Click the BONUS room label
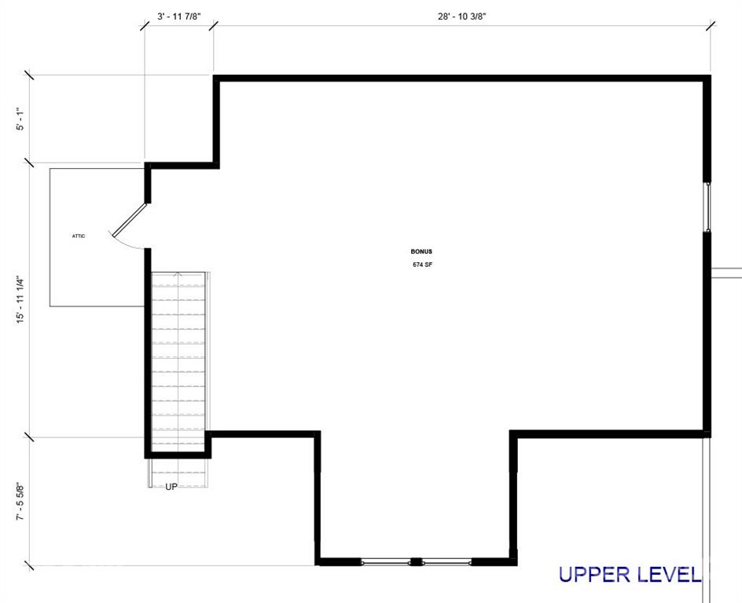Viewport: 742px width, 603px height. pyautogui.click(x=421, y=252)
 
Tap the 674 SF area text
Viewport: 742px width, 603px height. pyautogui.click(x=422, y=265)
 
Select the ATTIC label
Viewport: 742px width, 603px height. pyautogui.click(x=79, y=236)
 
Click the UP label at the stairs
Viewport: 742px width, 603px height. pyautogui.click(x=171, y=486)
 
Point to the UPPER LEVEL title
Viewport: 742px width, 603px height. pyautogui.click(x=630, y=574)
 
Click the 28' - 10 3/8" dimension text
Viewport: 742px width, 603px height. pyautogui.click(x=462, y=16)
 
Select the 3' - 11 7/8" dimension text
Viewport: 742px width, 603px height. pyautogui.click(x=179, y=16)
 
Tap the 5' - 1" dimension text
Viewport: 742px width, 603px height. pyautogui.click(x=20, y=119)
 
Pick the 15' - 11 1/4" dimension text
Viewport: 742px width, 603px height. pyautogui.click(x=20, y=300)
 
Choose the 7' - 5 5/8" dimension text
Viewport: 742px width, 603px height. pyautogui.click(x=20, y=502)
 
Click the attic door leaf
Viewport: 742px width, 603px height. pyautogui.click(x=130, y=219)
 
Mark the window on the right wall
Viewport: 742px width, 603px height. pyautogui.click(x=708, y=207)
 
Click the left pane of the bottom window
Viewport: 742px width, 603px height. pyautogui.click(x=386, y=562)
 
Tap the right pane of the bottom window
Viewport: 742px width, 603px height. pyautogui.click(x=446, y=562)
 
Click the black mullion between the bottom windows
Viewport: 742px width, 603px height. pyautogui.click(x=416, y=562)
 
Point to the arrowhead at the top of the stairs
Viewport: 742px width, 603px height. pyautogui.click(x=178, y=273)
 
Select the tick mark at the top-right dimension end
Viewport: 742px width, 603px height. pyautogui.click(x=711, y=26)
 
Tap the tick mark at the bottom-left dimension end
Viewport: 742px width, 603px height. pyautogui.click(x=29, y=565)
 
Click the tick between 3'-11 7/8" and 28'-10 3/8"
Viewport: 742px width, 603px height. pyautogui.click(x=214, y=26)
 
